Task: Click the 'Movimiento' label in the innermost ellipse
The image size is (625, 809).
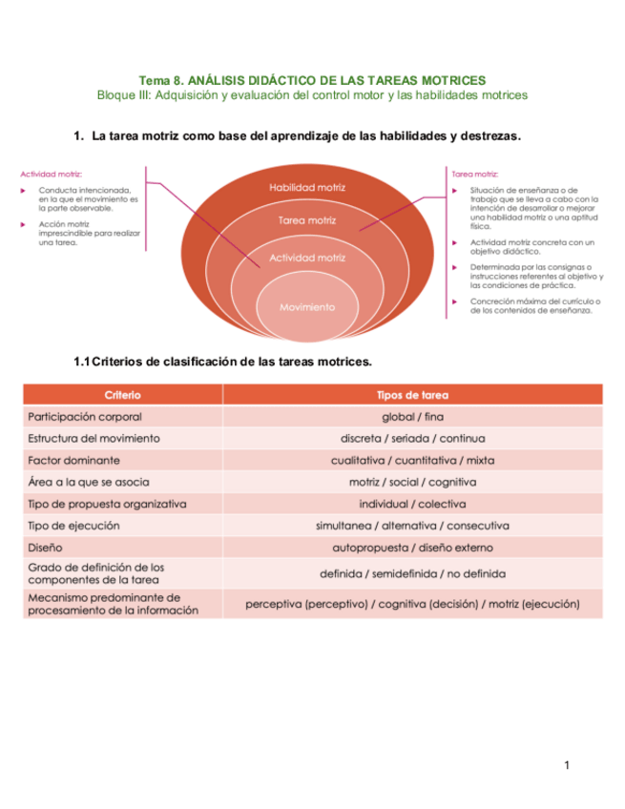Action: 306,307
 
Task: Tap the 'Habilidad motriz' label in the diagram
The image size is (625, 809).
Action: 306,188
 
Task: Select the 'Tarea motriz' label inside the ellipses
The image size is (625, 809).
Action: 306,220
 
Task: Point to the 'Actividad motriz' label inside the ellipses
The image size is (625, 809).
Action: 306,258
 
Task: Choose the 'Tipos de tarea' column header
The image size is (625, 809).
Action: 412,394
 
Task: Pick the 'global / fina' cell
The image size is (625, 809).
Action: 412,417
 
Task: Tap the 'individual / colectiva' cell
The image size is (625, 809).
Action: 412,504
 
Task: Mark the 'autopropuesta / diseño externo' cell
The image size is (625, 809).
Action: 412,548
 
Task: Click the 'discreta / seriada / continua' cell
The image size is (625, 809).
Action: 412,439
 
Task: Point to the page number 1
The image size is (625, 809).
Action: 566,765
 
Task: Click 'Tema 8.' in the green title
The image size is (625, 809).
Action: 161,80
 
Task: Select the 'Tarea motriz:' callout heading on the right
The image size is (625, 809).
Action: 474,174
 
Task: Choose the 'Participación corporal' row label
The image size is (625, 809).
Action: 86,417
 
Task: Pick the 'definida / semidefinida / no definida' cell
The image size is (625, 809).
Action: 412,573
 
